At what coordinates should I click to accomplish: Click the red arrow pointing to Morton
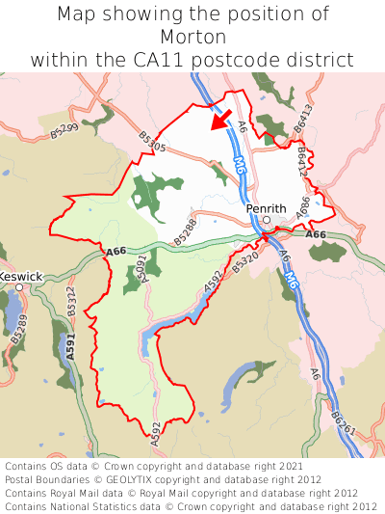(221, 121)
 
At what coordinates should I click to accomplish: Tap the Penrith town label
(267, 208)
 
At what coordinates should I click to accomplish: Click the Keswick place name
(20, 277)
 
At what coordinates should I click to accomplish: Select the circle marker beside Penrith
(267, 220)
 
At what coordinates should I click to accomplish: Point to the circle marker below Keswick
(18, 287)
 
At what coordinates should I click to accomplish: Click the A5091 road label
(141, 267)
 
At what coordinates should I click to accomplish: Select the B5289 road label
(21, 331)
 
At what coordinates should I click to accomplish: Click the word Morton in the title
(192, 38)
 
